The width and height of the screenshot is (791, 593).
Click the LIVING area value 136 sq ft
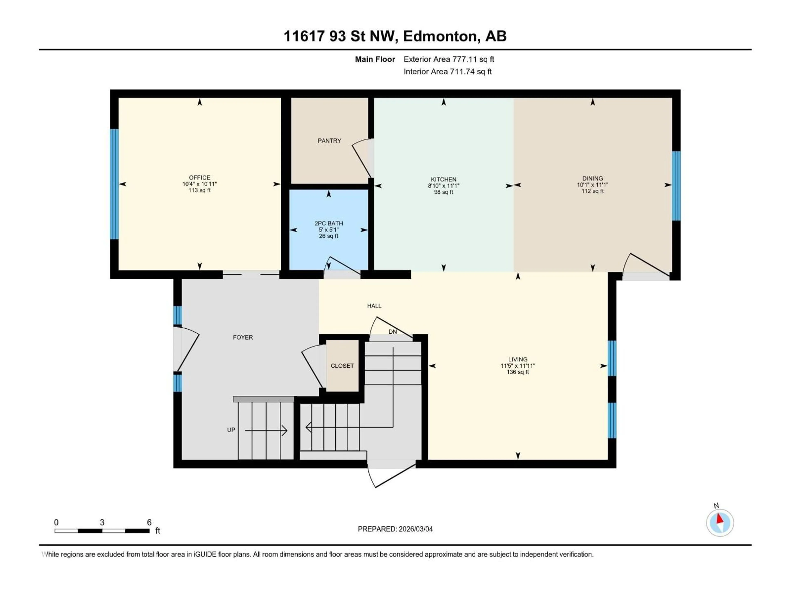pos(517,372)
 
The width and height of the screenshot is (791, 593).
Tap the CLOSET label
pos(342,366)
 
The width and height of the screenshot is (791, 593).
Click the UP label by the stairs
pos(231,430)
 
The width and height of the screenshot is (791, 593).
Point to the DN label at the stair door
pos(393,332)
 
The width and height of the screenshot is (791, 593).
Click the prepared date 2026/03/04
pos(415,529)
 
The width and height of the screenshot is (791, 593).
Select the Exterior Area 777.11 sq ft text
pos(449,59)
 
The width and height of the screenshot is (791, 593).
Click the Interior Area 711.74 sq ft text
pos(447,71)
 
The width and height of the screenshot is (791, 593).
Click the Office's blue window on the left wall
pos(114,184)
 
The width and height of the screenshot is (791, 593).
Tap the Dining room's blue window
pos(676,186)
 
